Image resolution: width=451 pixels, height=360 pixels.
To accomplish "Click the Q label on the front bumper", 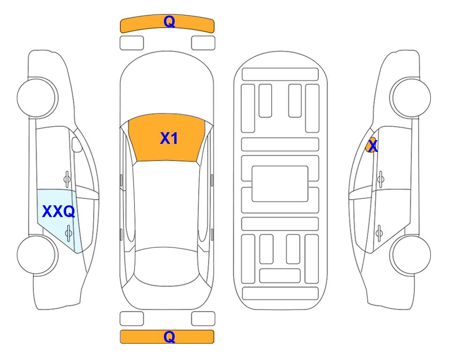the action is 169,22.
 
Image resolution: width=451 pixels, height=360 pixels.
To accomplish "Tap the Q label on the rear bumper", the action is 169,337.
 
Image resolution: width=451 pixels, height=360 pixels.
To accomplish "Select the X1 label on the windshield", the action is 169,138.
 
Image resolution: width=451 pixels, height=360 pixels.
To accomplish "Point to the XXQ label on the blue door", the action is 59,211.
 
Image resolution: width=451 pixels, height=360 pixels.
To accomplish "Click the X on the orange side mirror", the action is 373,145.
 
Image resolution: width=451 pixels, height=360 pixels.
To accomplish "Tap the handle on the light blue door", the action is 68,233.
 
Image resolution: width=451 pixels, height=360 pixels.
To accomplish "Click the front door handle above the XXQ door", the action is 67,180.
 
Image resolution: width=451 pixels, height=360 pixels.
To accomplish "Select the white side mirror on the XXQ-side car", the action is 76,144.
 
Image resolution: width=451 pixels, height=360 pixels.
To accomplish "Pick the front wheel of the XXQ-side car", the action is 37,97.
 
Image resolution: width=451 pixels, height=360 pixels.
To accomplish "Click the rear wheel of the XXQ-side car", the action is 37,255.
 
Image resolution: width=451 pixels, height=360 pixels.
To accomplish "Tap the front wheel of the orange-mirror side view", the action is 410,97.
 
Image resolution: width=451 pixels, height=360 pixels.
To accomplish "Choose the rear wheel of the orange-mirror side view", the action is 410,255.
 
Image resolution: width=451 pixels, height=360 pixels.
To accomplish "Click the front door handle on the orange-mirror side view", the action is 381,180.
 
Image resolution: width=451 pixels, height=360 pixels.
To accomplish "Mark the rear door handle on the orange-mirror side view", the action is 379,233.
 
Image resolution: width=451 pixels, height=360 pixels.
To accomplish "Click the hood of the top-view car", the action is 167,86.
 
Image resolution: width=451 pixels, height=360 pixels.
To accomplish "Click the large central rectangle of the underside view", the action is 280,184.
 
